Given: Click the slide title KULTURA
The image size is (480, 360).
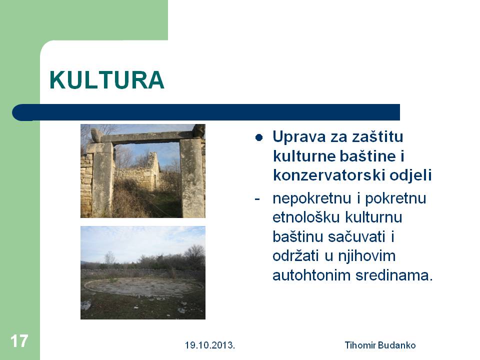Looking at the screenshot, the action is pyautogui.click(x=107, y=80).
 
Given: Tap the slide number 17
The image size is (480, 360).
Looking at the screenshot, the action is pyautogui.click(x=19, y=340).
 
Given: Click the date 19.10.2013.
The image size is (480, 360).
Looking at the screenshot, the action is pyautogui.click(x=209, y=345).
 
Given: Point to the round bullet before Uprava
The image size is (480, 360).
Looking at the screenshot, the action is pyautogui.click(x=259, y=138).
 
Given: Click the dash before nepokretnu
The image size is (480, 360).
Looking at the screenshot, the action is pyautogui.click(x=257, y=199).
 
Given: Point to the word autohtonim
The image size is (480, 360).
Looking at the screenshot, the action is pyautogui.click(x=311, y=275).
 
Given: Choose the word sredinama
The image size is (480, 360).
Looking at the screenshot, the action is pyautogui.click(x=394, y=275).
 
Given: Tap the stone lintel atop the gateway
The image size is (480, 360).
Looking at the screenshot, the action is pyautogui.click(x=147, y=137).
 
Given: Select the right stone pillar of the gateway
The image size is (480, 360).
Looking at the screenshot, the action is pyautogui.click(x=192, y=178).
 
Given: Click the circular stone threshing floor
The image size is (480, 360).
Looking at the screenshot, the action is pyautogui.click(x=143, y=286).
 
